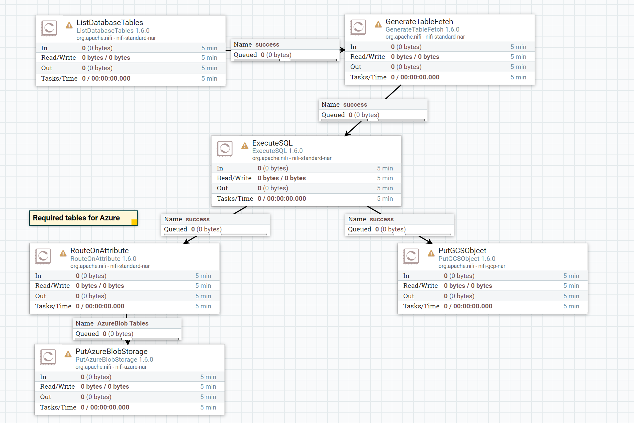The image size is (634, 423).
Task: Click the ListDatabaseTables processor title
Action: click(x=110, y=22)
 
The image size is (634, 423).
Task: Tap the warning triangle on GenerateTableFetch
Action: click(x=378, y=24)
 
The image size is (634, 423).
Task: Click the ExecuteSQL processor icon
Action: click(x=225, y=149)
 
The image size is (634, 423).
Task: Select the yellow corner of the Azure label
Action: click(x=134, y=222)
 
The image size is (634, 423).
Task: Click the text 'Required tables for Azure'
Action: click(x=76, y=218)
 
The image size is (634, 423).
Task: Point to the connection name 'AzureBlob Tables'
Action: click(x=123, y=323)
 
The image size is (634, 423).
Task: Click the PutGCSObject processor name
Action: click(x=462, y=250)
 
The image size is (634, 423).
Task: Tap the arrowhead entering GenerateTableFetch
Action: click(x=343, y=50)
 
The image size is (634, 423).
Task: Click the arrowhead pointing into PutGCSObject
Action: click(x=429, y=241)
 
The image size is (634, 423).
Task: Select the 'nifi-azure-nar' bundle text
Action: click(x=131, y=367)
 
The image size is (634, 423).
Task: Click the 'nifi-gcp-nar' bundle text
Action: click(x=492, y=266)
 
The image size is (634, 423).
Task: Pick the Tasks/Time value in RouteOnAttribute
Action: click(x=100, y=306)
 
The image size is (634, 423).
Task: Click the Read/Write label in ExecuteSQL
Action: click(x=234, y=178)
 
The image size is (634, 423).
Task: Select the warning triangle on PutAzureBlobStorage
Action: click(x=68, y=354)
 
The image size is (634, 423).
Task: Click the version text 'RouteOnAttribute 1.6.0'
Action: click(x=103, y=259)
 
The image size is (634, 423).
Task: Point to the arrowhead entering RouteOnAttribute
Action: click(x=186, y=242)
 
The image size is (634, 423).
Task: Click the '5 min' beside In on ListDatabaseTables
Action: click(x=209, y=48)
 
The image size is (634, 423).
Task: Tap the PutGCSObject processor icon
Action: click(x=411, y=256)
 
